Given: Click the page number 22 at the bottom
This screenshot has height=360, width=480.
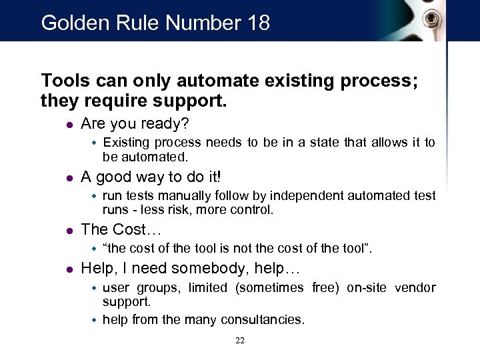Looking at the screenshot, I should tap(240, 341).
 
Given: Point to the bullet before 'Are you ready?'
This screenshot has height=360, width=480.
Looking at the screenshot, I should tap(69, 125).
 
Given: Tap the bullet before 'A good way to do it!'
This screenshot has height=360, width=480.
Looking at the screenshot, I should tap(69, 177).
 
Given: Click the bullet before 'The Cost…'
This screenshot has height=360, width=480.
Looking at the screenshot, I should tap(69, 231).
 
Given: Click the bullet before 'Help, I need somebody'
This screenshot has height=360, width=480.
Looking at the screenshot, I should tap(69, 269).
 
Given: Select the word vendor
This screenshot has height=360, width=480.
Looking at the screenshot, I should tap(414, 287).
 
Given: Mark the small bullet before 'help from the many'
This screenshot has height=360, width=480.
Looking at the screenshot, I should tap(95, 320).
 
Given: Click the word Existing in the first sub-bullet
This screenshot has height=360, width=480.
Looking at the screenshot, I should tap(127, 142).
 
